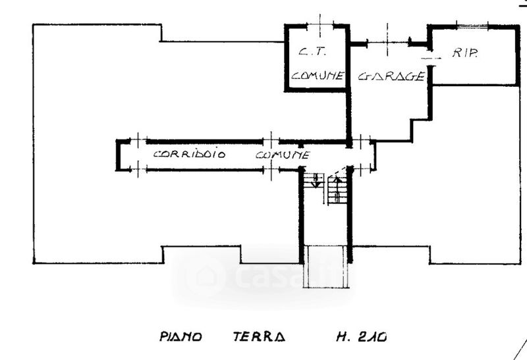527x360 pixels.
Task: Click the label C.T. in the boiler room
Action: tap(308, 51)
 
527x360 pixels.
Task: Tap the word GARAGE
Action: tap(390, 76)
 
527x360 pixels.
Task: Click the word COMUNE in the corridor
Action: tap(282, 155)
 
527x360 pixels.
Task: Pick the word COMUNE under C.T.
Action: tap(318, 76)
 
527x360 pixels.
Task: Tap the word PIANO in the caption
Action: tap(180, 337)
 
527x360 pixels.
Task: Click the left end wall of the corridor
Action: tap(118, 155)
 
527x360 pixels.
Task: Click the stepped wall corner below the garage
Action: tap(413, 125)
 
